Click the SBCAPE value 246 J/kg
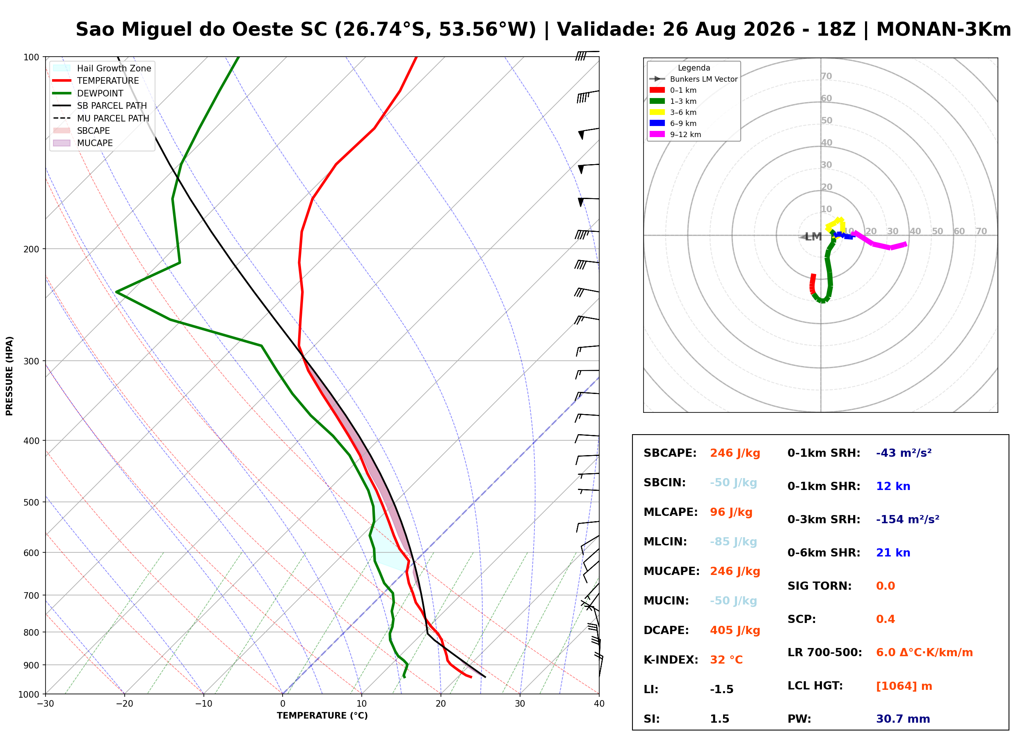pyautogui.click(x=735, y=453)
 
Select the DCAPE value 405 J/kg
pyautogui.click(x=735, y=630)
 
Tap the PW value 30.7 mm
pyautogui.click(x=903, y=719)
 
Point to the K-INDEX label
pyautogui.click(x=671, y=660)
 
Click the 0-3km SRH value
pyautogui.click(x=907, y=519)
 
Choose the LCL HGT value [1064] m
pyautogui.click(x=904, y=686)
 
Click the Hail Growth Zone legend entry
pyautogui.click(x=102, y=68)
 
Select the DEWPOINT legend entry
pyautogui.click(x=88, y=93)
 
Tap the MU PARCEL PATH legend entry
pyautogui.click(x=101, y=118)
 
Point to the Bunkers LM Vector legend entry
pyautogui.click(x=693, y=79)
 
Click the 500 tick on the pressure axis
pyautogui.click(x=31, y=502)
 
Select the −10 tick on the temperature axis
pyautogui.click(x=203, y=704)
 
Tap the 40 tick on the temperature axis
pyautogui.click(x=599, y=704)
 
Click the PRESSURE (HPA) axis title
pyautogui.click(x=9, y=376)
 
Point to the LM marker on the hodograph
pyautogui.click(x=813, y=237)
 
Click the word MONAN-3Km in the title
pyautogui.click(x=943, y=30)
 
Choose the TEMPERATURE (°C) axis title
pyautogui.click(x=322, y=716)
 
